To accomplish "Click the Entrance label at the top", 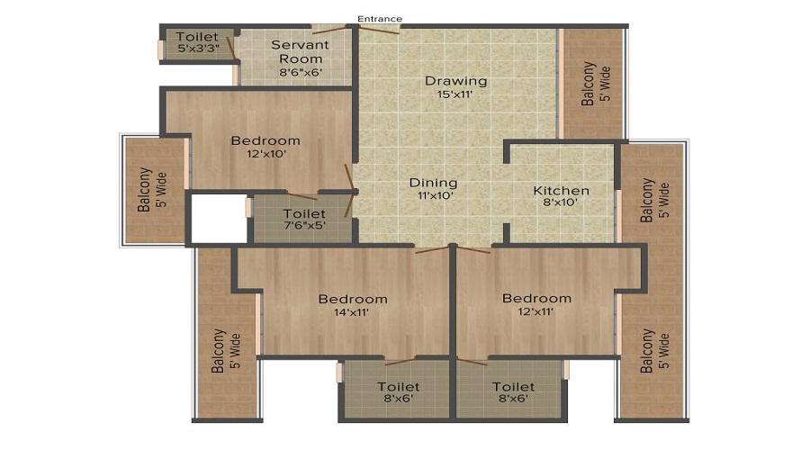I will (x=379, y=19).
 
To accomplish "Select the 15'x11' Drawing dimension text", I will (x=455, y=95).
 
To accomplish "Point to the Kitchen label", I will (x=562, y=190).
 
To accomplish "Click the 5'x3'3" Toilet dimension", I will (x=196, y=49).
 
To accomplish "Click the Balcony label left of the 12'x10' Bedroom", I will (x=144, y=191).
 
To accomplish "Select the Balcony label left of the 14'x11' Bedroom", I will (x=219, y=351).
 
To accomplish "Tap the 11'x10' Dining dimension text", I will (x=436, y=195).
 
